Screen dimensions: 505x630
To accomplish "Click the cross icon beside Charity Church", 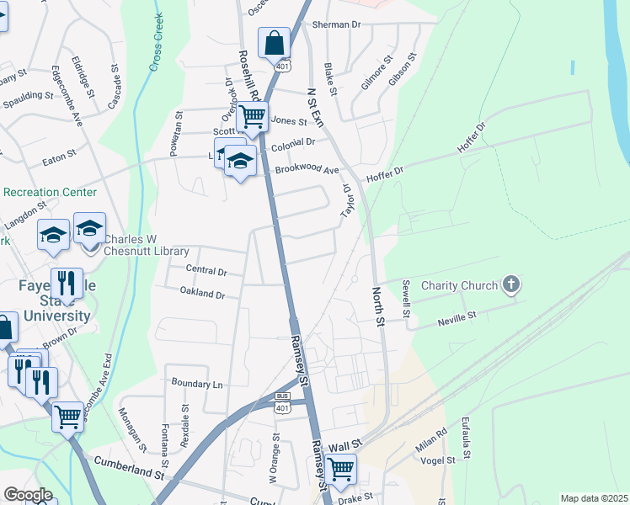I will (510, 285).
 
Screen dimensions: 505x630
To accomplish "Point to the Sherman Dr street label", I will (336, 24).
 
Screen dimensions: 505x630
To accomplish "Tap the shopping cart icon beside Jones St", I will (252, 116).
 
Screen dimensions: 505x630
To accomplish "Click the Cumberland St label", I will (129, 468).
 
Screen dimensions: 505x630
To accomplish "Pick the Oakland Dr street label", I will (202, 294).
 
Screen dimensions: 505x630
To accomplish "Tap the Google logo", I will (28, 495).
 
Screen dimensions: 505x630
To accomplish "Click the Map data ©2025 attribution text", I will (594, 498).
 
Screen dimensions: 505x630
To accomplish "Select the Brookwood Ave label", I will (307, 170).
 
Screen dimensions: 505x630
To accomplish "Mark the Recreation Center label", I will (50, 192).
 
